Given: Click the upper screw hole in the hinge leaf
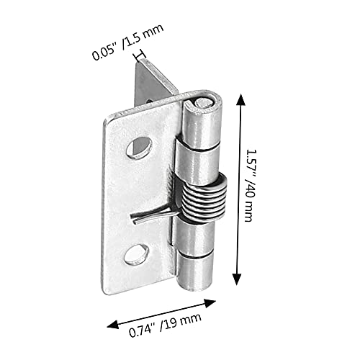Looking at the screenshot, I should click(x=140, y=148).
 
